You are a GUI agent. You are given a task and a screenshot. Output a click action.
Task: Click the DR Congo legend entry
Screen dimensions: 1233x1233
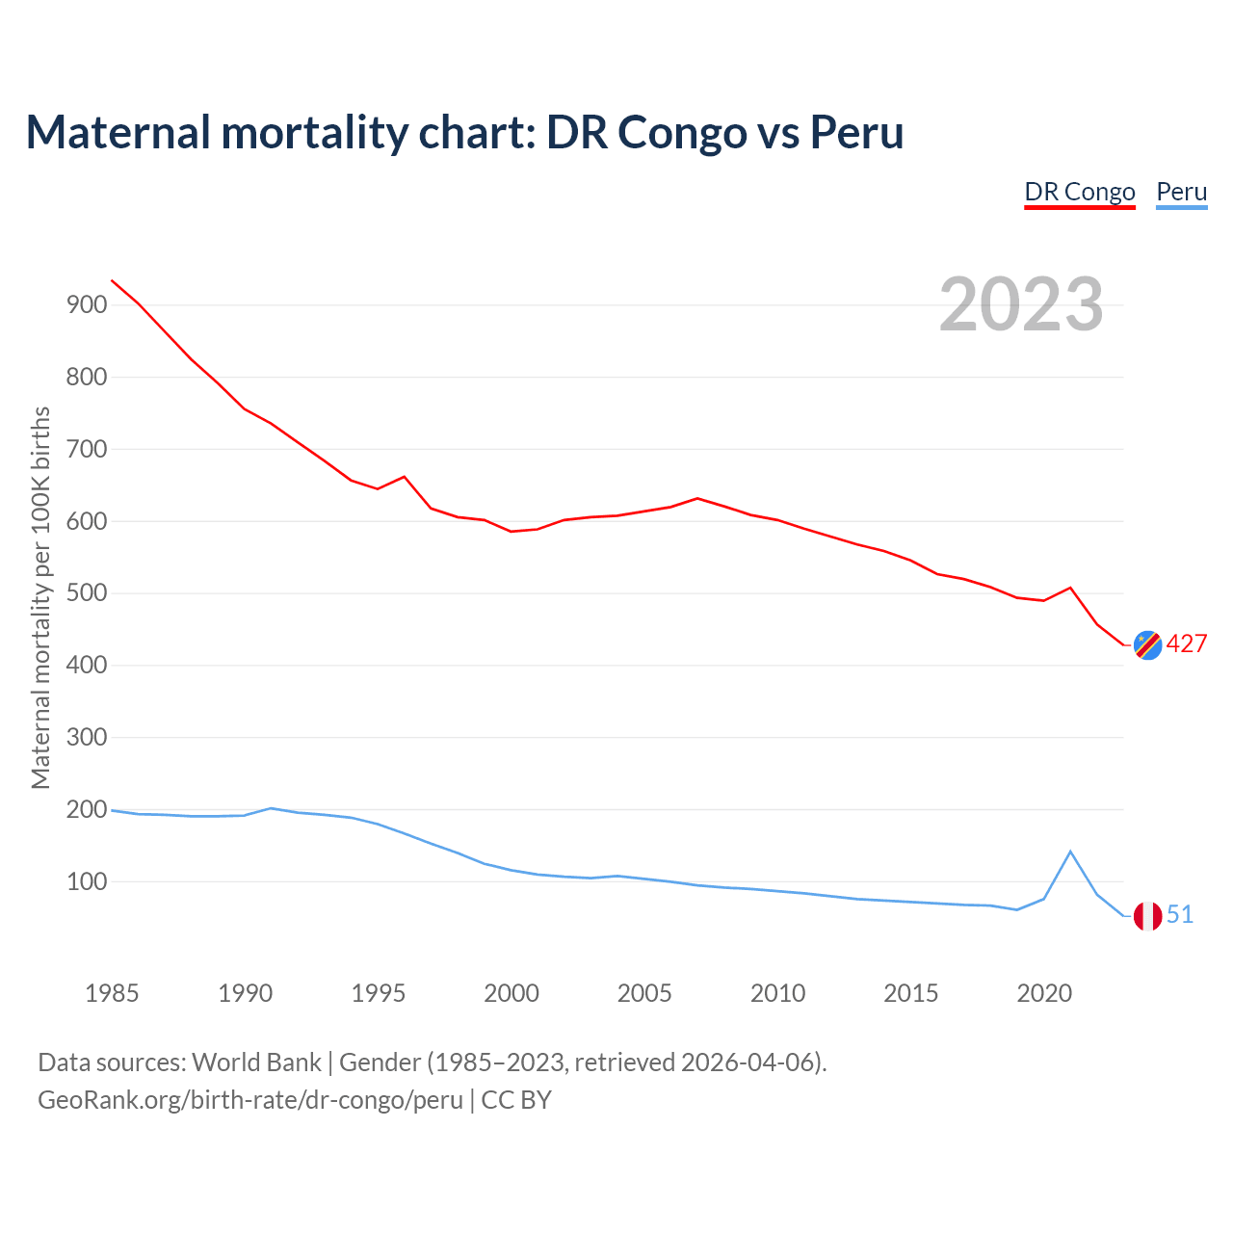click(1080, 192)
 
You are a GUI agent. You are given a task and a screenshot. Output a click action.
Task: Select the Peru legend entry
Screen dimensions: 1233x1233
click(1181, 192)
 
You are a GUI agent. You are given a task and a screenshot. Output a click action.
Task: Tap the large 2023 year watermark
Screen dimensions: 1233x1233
click(1021, 304)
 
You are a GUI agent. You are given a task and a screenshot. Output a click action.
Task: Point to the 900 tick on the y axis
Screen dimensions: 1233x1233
click(86, 305)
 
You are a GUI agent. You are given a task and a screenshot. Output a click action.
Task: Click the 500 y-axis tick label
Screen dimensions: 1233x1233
click(86, 593)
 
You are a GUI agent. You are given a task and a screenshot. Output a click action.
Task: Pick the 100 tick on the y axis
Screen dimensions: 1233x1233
click(86, 881)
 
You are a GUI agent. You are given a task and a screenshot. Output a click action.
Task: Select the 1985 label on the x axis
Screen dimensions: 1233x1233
click(112, 993)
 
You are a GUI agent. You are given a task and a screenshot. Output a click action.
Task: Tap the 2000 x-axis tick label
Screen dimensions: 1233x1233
click(512, 993)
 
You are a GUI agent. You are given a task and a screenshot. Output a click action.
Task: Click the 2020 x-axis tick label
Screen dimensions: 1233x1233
click(1044, 993)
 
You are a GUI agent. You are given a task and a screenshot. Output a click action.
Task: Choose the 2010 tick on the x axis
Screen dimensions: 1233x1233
click(777, 993)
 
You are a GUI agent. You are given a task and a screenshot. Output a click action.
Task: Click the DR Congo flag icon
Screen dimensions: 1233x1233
click(1147, 644)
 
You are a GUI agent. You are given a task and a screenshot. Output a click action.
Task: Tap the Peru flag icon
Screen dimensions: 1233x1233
click(1147, 916)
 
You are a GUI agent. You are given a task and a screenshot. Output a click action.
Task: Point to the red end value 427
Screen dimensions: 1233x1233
click(1187, 644)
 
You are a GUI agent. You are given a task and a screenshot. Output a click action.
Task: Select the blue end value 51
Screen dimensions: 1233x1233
click(1180, 915)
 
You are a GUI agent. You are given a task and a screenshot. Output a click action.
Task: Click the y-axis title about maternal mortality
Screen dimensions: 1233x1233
click(40, 597)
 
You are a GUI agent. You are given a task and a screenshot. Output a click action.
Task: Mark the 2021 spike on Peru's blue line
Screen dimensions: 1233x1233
click(1070, 852)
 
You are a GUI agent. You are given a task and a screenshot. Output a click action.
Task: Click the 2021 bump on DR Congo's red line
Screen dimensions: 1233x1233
click(1070, 588)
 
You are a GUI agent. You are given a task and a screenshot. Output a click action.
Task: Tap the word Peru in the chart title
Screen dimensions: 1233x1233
click(856, 132)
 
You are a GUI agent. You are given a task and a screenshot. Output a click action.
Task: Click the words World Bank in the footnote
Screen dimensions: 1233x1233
click(256, 1062)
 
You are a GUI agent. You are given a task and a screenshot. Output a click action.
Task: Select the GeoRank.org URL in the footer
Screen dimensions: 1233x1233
click(250, 1100)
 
